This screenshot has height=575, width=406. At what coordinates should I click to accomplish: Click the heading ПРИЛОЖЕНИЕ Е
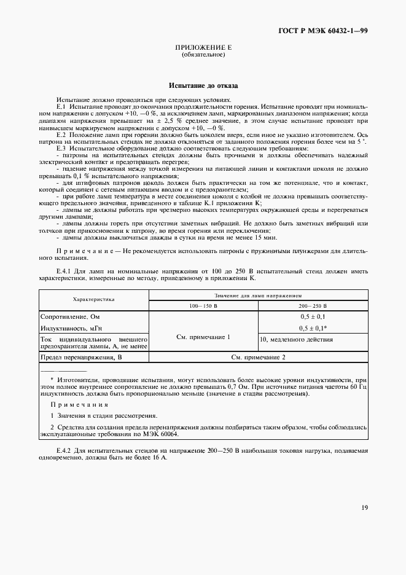pyautogui.click(x=203, y=47)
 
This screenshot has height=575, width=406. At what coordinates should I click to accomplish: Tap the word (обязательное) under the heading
pyautogui.click(x=203, y=55)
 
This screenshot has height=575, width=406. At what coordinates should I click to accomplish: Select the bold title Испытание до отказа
pyautogui.click(x=203, y=87)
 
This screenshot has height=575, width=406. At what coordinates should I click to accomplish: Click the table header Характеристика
pyautogui.click(x=93, y=299)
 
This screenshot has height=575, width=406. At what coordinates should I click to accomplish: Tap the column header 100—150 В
pyautogui.click(x=203, y=305)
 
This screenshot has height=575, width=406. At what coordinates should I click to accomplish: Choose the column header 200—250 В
pyautogui.click(x=313, y=305)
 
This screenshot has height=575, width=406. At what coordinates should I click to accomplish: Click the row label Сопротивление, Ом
pyautogui.click(x=66, y=317)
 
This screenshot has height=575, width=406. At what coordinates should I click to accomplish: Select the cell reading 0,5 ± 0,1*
pyautogui.click(x=313, y=329)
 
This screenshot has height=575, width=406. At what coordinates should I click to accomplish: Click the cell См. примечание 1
pyautogui.click(x=203, y=337)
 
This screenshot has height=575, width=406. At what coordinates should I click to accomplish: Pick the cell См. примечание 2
pyautogui.click(x=258, y=357)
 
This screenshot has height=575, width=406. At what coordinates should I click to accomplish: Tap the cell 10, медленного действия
pyautogui.click(x=295, y=339)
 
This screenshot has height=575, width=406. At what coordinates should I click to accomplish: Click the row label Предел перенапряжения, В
pyautogui.click(x=81, y=357)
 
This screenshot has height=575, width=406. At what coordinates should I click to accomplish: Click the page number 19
pyautogui.click(x=364, y=507)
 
